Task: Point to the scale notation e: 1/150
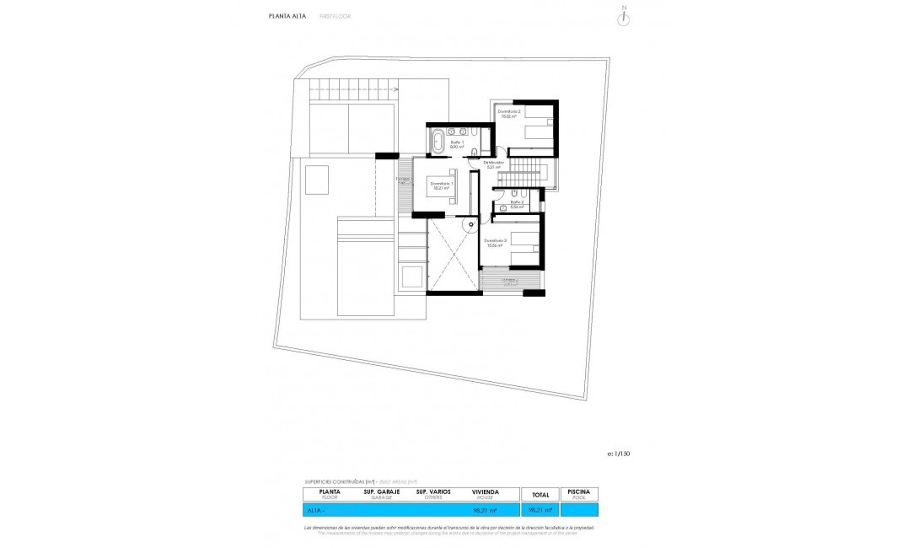coord(617,454)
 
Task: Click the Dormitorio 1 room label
coord(442,185)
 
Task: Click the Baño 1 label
coord(457,144)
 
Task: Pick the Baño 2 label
coord(518,203)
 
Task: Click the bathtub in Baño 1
coord(438,142)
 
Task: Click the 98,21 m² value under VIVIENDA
coord(485,510)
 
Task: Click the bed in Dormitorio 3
coord(523,242)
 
